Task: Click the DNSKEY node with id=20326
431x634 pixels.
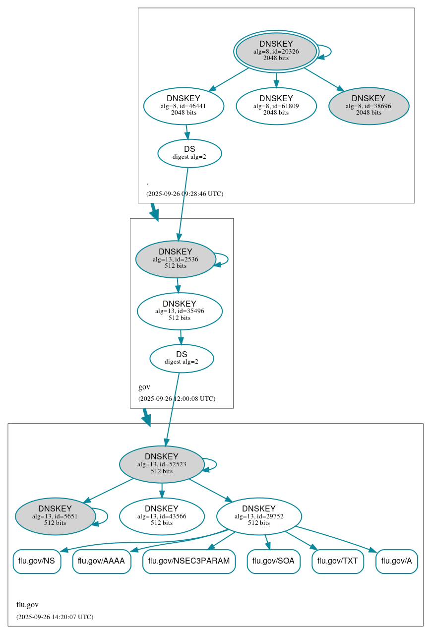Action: [276, 51]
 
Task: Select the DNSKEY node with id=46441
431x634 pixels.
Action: [184, 106]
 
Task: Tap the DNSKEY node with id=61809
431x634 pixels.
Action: [276, 106]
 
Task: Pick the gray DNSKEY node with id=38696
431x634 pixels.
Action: [369, 106]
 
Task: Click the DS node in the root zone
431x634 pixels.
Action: [189, 153]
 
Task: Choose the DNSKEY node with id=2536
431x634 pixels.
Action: [176, 259]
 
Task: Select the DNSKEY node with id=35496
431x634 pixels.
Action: [180, 311]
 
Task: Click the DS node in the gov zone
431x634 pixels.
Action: [182, 358]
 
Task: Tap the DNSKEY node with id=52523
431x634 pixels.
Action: [162, 464]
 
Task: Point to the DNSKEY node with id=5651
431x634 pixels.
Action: [55, 516]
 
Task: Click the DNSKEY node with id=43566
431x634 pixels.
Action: [162, 516]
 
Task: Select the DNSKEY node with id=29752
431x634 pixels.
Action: [259, 516]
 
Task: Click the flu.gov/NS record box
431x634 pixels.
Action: [37, 562]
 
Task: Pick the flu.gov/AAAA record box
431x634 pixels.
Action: [102, 562]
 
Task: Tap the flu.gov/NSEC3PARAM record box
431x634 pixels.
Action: [189, 562]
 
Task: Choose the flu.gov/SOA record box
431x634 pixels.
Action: [273, 562]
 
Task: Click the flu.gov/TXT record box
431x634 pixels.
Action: [338, 562]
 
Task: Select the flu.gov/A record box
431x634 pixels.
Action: [397, 562]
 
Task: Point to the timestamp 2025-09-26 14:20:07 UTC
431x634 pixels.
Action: [55, 617]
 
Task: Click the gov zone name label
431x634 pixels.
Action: [144, 387]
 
